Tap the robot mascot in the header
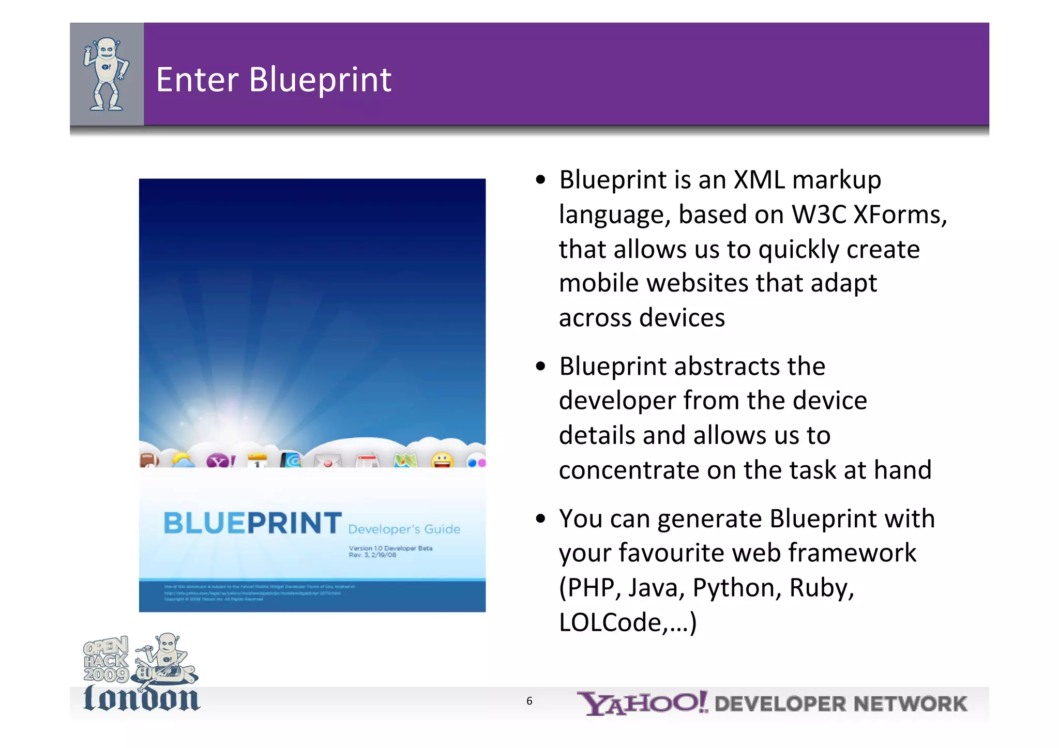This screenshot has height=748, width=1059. (107, 74)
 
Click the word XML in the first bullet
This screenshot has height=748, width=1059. (759, 180)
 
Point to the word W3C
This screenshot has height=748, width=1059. (818, 215)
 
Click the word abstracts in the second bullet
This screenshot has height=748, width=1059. (727, 367)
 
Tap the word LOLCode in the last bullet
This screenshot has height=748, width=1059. (610, 622)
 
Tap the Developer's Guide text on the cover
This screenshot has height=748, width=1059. (404, 529)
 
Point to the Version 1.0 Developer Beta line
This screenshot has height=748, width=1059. (390, 548)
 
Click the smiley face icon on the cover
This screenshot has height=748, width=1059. (442, 460)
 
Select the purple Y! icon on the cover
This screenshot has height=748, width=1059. (220, 460)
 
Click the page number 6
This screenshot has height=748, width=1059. (529, 701)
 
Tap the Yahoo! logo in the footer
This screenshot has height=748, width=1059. (642, 703)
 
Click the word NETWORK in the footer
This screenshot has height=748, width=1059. (910, 704)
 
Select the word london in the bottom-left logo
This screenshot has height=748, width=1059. (141, 698)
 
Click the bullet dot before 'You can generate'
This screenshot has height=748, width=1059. (541, 518)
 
